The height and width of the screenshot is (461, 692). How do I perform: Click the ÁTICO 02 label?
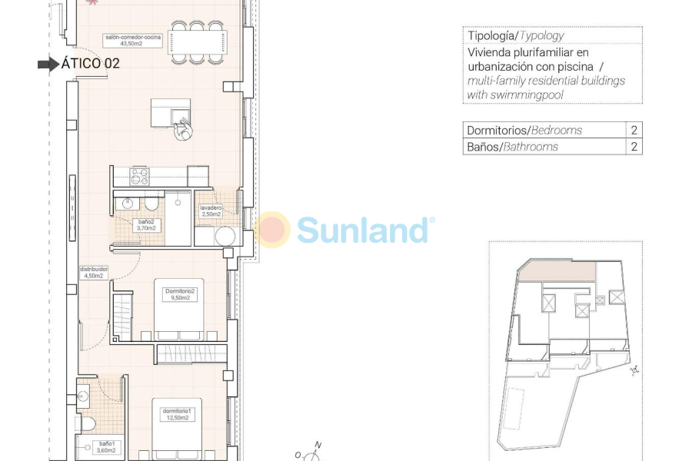[90, 64]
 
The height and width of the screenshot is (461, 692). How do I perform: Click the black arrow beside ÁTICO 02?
[48, 65]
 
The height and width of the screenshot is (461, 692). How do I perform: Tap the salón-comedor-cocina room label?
[134, 40]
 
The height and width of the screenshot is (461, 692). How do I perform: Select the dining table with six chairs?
[198, 41]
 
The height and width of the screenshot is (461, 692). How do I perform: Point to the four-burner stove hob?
[139, 177]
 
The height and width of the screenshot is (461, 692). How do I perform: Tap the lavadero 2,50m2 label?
[211, 211]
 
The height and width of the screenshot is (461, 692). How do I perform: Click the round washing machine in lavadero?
[225, 236]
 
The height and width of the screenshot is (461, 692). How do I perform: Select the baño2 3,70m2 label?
[146, 225]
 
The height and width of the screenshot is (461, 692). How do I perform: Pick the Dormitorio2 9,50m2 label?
[181, 296]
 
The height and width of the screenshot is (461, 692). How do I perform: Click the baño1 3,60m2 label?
[106, 447]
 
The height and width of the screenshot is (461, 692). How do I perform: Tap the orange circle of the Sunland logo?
[272, 230]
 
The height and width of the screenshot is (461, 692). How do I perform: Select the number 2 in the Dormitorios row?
[634, 131]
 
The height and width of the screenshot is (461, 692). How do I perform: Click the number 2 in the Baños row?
[634, 147]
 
